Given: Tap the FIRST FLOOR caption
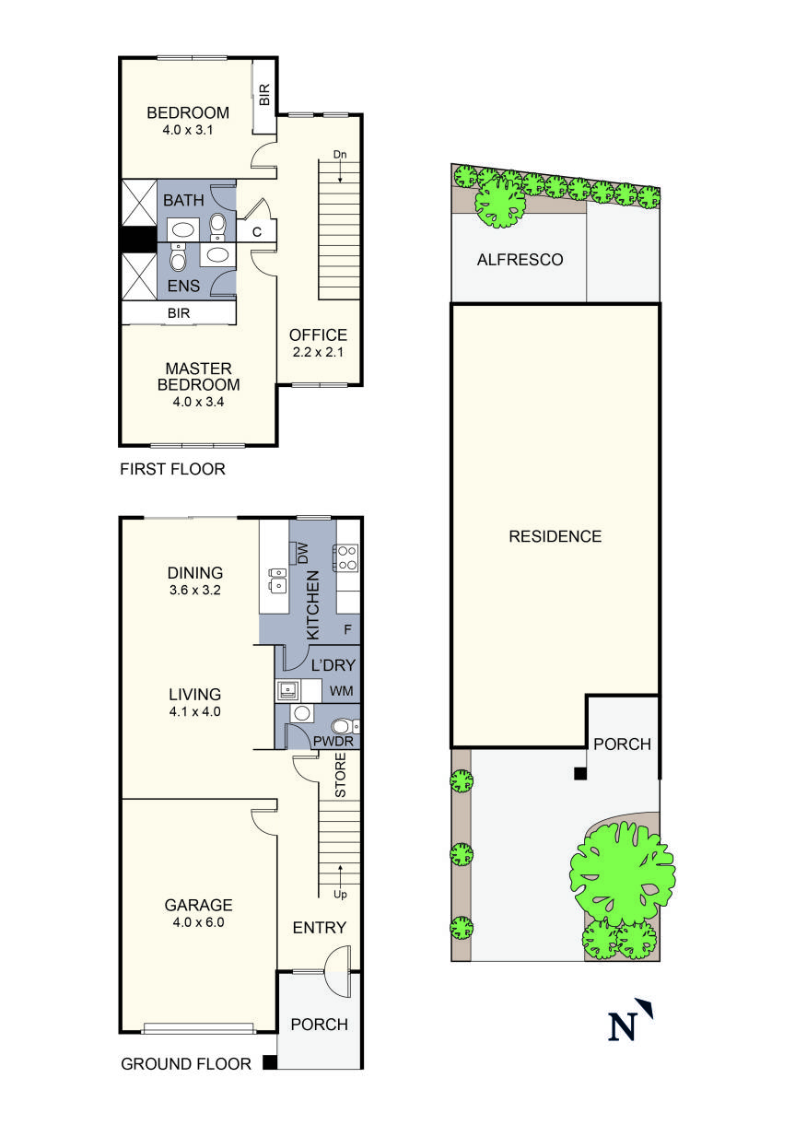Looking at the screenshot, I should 172,470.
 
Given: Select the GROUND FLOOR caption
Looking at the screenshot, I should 186,1064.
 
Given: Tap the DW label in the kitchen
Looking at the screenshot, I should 301,553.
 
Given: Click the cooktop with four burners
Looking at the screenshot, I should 347,557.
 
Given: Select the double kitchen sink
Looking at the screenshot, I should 275,580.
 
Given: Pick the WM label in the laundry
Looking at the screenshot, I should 342,691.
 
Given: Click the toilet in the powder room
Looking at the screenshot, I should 344,725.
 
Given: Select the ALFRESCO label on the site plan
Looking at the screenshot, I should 520,261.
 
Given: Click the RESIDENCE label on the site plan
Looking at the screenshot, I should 555,536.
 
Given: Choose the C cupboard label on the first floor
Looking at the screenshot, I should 257,231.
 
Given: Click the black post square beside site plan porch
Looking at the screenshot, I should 579,774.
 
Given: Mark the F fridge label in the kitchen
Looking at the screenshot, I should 347,631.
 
